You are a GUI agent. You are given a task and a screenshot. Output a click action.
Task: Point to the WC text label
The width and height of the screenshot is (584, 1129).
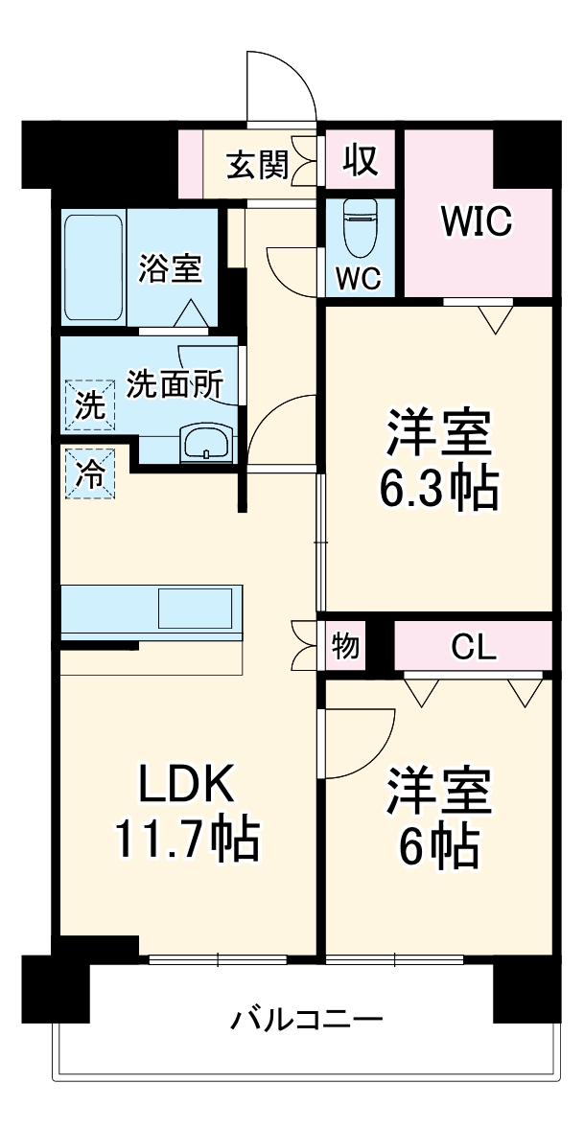(359, 279)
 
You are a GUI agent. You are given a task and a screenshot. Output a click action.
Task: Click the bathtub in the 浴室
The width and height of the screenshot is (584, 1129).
(93, 269)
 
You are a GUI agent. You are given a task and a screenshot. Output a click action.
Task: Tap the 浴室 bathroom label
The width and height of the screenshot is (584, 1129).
(170, 269)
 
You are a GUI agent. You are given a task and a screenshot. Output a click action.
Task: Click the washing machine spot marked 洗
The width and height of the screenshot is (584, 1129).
(89, 405)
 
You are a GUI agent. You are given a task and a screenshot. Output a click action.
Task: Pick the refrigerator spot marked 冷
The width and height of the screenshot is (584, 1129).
(89, 474)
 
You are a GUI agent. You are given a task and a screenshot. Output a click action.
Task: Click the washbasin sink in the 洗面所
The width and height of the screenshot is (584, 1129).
(206, 444)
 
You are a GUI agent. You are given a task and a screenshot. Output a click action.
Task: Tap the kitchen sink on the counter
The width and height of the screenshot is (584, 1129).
(196, 608)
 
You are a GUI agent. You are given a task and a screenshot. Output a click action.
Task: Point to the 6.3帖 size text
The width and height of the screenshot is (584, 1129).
(440, 490)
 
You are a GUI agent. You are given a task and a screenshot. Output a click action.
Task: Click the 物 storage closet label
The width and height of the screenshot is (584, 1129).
(345, 647)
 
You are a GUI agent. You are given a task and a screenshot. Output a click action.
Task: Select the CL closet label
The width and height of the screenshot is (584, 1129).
(474, 648)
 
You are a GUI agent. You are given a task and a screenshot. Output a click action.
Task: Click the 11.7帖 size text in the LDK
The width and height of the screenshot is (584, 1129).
(186, 840)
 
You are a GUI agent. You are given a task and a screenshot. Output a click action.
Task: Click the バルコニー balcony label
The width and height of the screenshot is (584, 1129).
(306, 1018)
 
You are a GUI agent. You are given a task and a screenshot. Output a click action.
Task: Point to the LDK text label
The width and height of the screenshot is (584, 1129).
(186, 786)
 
